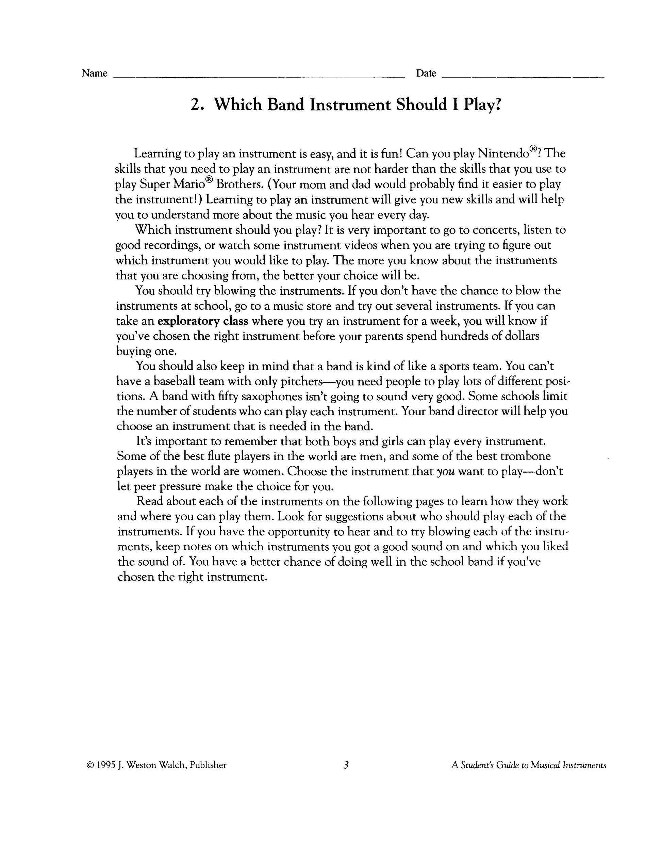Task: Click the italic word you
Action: pyautogui.click(x=446, y=472)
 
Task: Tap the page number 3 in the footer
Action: pyautogui.click(x=346, y=765)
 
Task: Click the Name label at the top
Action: pyautogui.click(x=95, y=74)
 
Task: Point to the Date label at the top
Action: pyautogui.click(x=426, y=74)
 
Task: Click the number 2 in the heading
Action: pyautogui.click(x=195, y=105)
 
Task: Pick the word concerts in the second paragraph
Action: pyautogui.click(x=487, y=230)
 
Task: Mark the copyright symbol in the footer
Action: pyautogui.click(x=89, y=765)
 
